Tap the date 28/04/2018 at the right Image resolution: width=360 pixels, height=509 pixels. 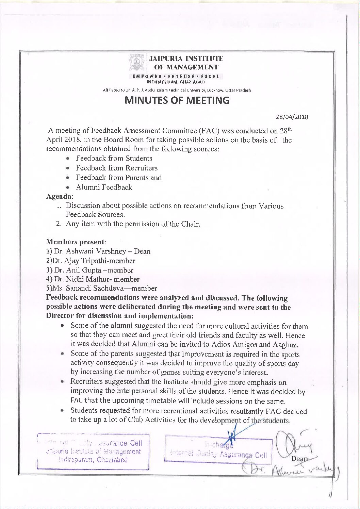coord(292,117)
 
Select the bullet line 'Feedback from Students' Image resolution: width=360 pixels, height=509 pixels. coord(114,158)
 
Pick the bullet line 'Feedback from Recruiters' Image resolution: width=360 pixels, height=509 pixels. coord(116,168)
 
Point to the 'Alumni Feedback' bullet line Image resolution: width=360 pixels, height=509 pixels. coord(104,187)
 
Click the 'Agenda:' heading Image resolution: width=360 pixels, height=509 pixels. coord(60,196)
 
